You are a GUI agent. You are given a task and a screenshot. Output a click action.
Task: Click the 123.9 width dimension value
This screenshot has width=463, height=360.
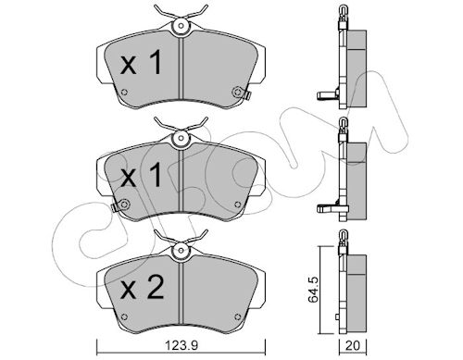tap(181, 346)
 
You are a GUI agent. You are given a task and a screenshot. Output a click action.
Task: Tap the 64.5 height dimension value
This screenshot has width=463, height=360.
tap(314, 290)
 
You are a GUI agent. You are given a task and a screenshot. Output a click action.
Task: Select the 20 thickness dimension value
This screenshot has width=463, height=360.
tap(353, 346)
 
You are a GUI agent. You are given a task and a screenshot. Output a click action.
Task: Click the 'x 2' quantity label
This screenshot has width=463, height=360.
tap(142, 288)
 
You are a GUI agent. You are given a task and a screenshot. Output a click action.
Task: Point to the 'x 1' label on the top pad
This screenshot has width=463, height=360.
tap(141, 63)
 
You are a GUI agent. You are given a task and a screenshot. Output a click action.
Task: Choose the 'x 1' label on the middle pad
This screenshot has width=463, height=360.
tap(141, 175)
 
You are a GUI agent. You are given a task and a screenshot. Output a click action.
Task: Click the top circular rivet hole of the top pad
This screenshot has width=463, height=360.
tap(181, 26)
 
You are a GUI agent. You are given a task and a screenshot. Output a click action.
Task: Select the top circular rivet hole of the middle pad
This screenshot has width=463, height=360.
tap(181, 138)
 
